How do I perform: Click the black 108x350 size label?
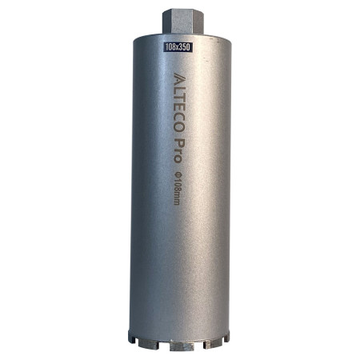(x=178, y=47)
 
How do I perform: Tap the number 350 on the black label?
(x=184, y=47)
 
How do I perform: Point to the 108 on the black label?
(x=170, y=47)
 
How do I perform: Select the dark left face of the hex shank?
(x=166, y=22)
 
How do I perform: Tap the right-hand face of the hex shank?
(x=199, y=22)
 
